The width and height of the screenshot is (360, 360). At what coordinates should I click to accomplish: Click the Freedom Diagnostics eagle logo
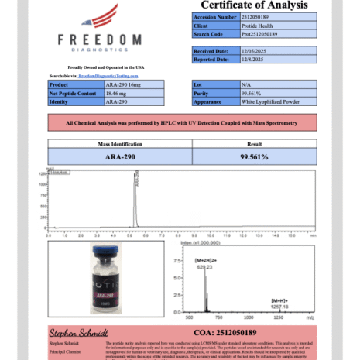click(x=101, y=17)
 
